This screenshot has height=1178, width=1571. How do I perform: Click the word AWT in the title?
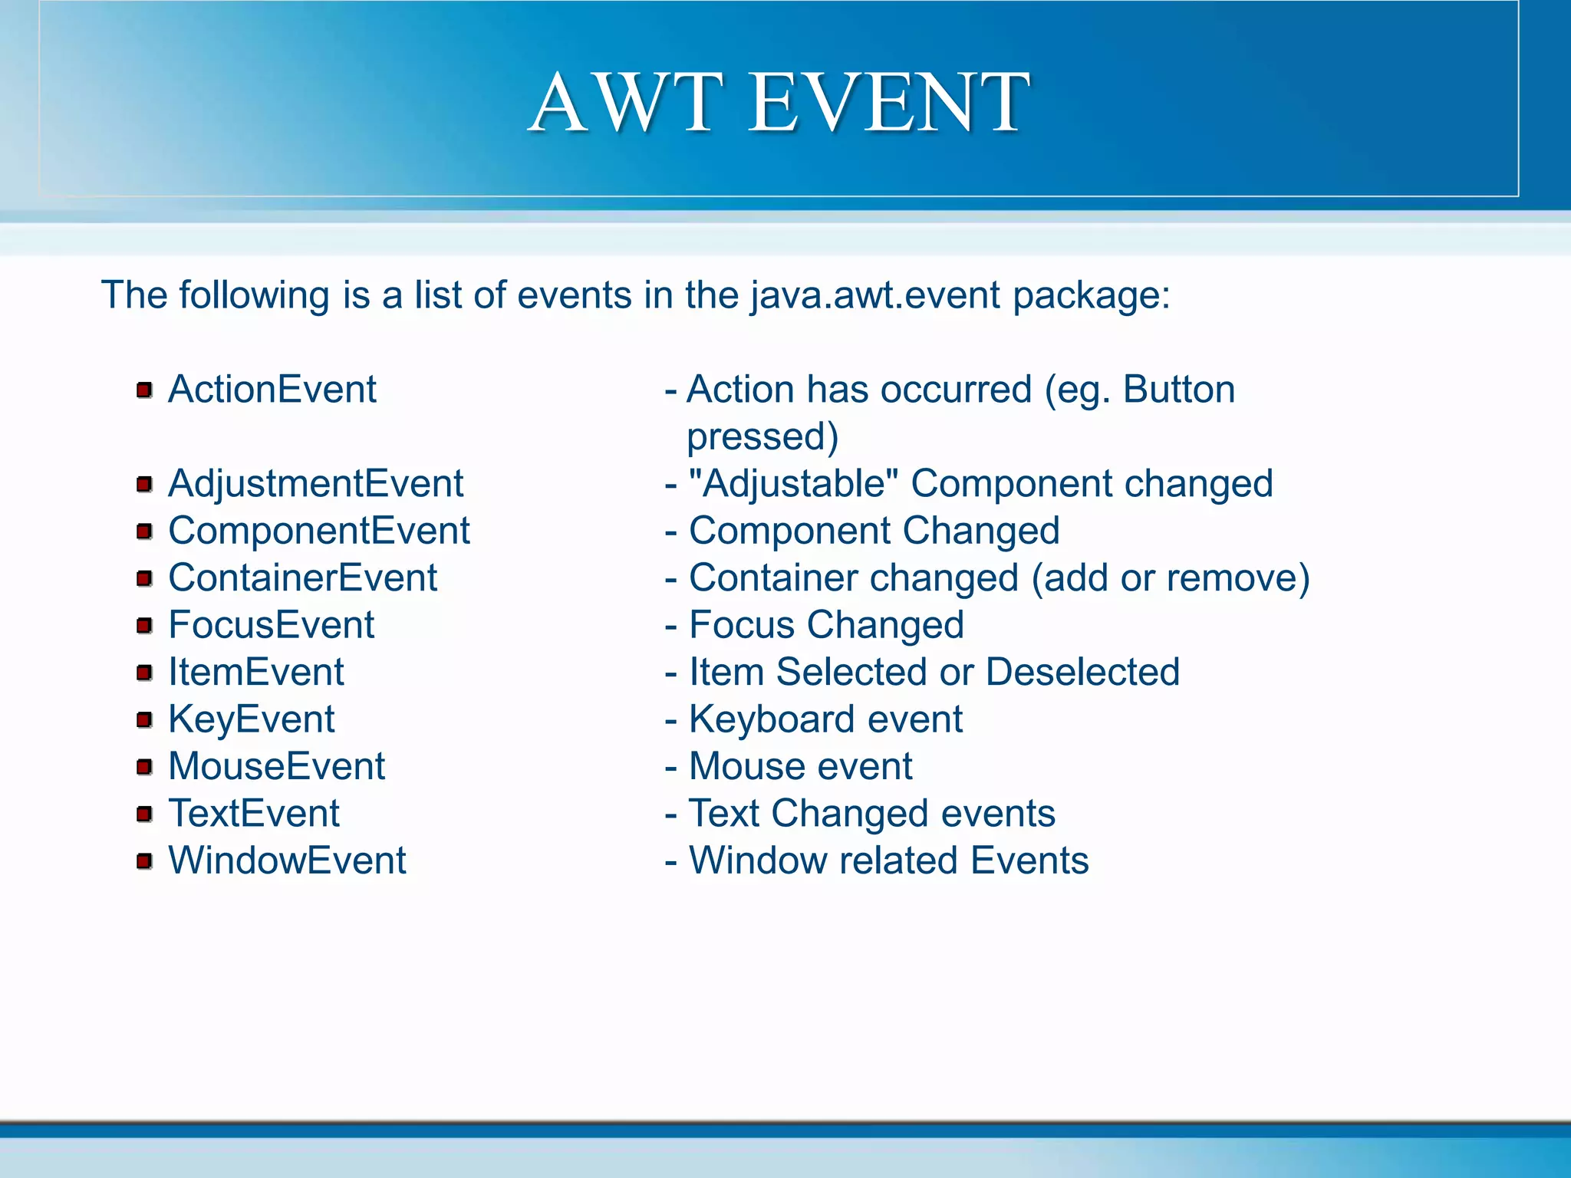[626, 103]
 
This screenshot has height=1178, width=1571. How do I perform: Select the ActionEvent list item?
[272, 390]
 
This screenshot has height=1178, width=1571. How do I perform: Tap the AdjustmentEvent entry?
[315, 484]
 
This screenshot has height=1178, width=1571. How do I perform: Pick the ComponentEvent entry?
[318, 531]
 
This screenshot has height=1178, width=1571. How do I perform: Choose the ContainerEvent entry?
[302, 578]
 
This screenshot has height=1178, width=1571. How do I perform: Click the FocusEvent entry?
[271, 625]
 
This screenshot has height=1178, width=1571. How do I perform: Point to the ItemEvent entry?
[255, 673]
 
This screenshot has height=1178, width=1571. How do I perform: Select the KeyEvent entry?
[251, 719]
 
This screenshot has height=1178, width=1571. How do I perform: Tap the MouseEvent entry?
[276, 766]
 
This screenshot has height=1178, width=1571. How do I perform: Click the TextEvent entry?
[253, 814]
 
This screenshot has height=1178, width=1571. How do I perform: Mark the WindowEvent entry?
[287, 860]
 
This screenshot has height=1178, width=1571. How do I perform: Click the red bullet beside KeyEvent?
[144, 720]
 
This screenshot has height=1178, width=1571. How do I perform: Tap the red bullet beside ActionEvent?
[144, 390]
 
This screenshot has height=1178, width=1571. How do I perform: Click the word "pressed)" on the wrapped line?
[762, 437]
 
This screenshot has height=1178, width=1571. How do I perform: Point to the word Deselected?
[1082, 673]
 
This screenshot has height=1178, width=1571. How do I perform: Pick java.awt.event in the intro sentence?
[875, 296]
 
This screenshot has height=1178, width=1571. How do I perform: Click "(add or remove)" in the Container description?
[1171, 578]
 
